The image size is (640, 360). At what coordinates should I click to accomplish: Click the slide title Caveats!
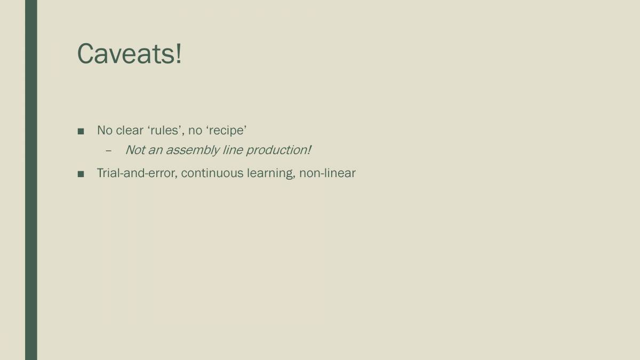130,54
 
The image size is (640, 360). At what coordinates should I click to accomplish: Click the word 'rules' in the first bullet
165,130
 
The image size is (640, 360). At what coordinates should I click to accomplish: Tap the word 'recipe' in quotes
226,130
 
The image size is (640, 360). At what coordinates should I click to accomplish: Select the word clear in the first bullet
130,130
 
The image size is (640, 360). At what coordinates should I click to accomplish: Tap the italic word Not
134,150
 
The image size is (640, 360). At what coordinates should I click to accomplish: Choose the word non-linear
327,173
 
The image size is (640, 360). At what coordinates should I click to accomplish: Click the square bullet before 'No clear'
81,131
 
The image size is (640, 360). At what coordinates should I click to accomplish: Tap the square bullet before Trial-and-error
81,174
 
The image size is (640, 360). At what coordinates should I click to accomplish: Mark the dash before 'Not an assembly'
108,150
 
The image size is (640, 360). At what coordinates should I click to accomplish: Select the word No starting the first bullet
105,130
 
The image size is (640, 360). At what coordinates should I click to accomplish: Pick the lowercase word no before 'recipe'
195,130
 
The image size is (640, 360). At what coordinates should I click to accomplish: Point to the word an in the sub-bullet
155,150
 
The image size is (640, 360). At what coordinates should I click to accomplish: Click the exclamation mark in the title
178,54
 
